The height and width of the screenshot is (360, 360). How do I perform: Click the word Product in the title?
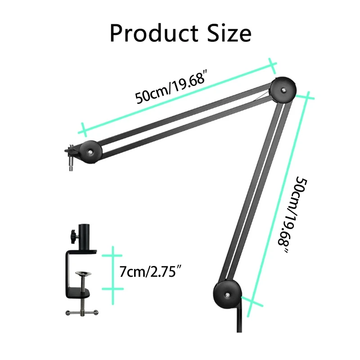[154, 33]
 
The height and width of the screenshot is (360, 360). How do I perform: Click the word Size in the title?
[229, 33]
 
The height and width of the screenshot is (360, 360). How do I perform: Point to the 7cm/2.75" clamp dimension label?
[150, 271]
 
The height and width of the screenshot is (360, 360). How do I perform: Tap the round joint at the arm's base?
[227, 295]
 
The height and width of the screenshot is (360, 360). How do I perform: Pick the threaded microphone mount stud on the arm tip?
[71, 161]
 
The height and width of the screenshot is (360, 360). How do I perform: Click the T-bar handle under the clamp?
[82, 312]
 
